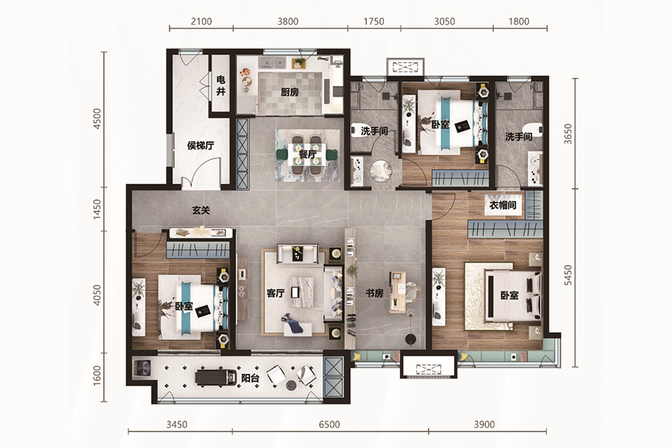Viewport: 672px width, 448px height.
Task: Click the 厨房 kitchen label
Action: click(x=290, y=92)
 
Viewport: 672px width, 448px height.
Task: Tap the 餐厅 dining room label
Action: click(x=308, y=155)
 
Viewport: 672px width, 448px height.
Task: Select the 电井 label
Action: click(x=221, y=85)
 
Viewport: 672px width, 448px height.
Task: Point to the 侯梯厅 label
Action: click(x=201, y=146)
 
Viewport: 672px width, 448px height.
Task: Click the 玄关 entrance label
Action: click(x=201, y=211)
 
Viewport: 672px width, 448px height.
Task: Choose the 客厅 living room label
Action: click(x=276, y=293)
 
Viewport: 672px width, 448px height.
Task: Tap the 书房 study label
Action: click(x=374, y=293)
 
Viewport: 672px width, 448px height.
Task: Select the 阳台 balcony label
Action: click(x=250, y=379)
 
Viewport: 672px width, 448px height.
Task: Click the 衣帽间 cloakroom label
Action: click(x=503, y=205)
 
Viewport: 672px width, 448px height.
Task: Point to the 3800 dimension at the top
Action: click(x=287, y=22)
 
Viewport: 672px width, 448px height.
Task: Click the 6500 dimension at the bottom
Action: click(x=329, y=424)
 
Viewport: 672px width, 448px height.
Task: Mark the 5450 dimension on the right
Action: click(x=568, y=275)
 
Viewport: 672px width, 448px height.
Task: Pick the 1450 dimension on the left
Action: click(x=97, y=209)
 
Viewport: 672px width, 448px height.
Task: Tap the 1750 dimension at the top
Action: click(x=374, y=22)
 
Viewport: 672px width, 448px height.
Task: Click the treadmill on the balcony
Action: click(x=216, y=377)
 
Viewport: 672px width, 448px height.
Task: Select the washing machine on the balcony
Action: click(x=142, y=369)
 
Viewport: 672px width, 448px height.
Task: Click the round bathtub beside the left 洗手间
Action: click(x=381, y=171)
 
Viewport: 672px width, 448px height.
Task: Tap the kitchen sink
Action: click(x=273, y=63)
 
